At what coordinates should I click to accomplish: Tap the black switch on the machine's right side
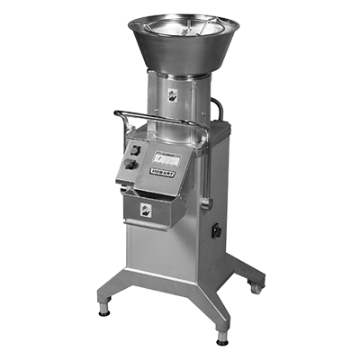pos(217,231)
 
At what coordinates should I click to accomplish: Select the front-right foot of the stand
pos(221,338)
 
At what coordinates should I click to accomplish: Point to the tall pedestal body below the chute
pos(171,252)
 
